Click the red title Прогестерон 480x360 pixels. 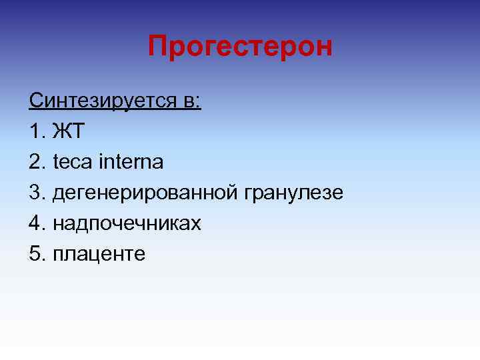point(239,47)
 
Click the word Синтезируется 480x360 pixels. point(103,101)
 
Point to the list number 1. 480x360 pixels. point(36,132)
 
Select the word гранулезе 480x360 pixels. point(294,193)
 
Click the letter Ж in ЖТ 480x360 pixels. point(60,132)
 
